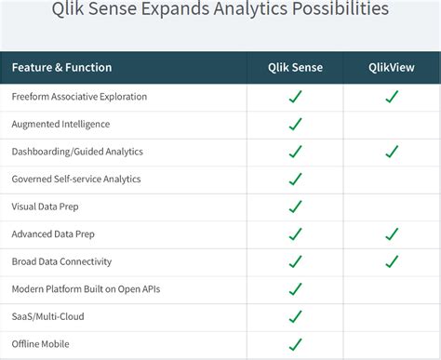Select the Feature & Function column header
point(62,68)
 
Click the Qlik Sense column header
point(295,68)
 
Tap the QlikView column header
point(391,68)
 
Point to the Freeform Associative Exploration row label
point(79,97)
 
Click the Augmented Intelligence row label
point(60,124)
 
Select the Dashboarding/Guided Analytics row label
point(77,152)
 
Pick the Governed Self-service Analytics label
point(76,179)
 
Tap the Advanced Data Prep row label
point(53,234)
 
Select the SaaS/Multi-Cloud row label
point(48,317)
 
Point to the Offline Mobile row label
point(42,344)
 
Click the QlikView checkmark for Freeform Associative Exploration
point(392,97)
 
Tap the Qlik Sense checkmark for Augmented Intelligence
point(295,124)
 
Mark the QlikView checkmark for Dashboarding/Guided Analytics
point(392,152)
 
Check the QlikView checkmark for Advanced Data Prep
point(392,234)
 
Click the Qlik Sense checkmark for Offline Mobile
point(295,344)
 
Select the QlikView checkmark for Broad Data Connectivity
point(392,261)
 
